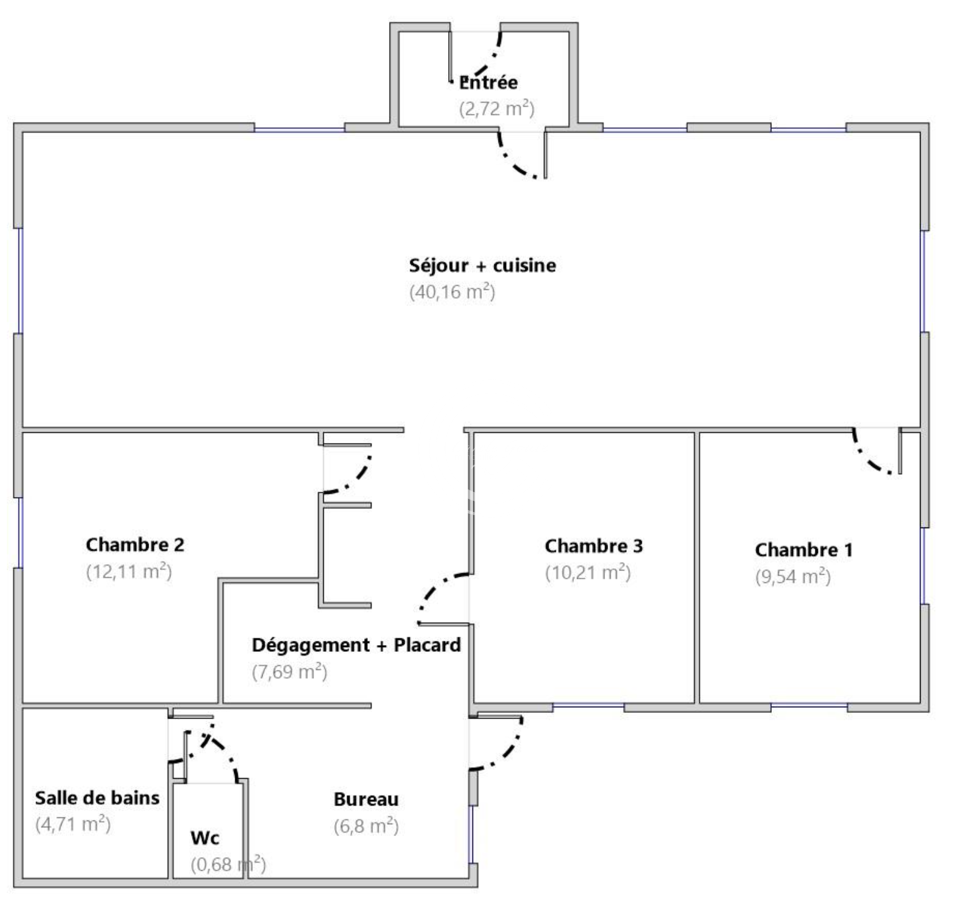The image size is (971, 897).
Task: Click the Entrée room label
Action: pos(489,82)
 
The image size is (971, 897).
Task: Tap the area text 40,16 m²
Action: pos(452,292)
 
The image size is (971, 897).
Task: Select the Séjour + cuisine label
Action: pos(482,266)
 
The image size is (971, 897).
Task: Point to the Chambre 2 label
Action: pos(135,545)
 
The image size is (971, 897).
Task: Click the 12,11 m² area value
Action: pos(129,571)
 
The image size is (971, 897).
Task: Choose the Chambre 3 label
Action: pos(594,546)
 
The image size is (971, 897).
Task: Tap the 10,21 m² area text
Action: pos(588,572)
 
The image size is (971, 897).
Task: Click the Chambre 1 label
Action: pos(804,550)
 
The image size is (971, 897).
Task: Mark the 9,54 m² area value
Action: pos(793,577)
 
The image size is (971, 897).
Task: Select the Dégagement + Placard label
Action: pos(356,645)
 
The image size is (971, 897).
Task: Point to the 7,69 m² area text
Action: pos(289,672)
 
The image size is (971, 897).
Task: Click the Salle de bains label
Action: pos(97,797)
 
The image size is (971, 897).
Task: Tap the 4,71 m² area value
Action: pos(73,824)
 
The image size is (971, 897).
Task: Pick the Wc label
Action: pos(205,838)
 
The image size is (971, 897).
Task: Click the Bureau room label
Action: pos(366,799)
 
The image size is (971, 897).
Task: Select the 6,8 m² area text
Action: pos(366,826)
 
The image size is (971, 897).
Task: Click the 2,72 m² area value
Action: pos(497,109)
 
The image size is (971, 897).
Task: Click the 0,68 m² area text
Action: pos(228,865)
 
